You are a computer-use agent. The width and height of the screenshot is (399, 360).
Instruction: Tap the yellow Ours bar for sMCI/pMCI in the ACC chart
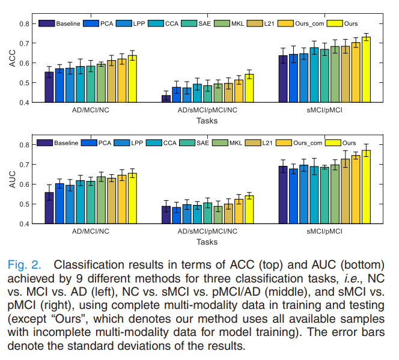tap(366, 69)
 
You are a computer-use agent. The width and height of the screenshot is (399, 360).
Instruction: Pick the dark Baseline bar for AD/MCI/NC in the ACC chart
tap(49, 87)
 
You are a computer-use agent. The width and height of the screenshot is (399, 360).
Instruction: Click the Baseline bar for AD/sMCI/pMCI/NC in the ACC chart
tap(166, 99)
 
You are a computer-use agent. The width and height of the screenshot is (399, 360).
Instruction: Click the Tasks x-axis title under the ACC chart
tap(207, 121)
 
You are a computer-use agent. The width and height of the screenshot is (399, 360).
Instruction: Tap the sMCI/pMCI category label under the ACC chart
tap(324, 111)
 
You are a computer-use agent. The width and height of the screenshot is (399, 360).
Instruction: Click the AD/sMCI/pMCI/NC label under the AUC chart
tap(207, 231)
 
